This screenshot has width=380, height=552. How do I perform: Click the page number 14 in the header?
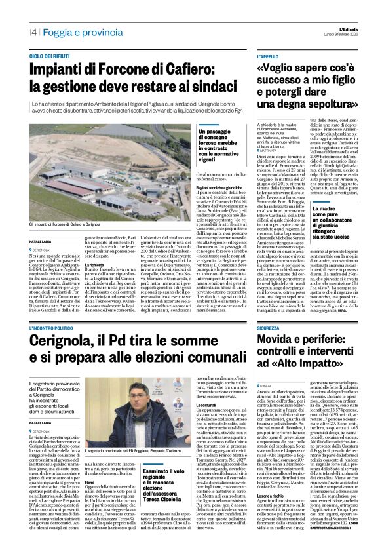tap(32, 32)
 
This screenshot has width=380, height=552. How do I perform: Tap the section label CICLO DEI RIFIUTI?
tap(50, 57)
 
